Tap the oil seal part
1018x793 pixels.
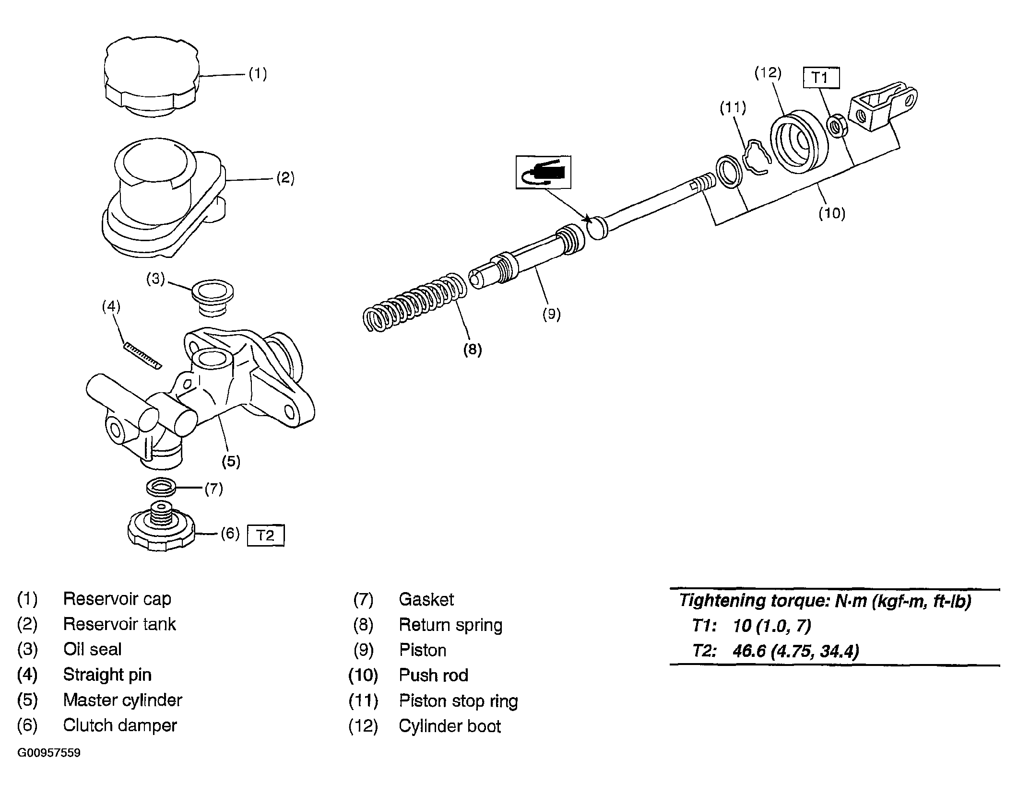click(x=213, y=298)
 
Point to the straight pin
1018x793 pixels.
click(x=142, y=356)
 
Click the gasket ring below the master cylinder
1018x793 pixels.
click(x=161, y=488)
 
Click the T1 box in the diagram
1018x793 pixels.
click(x=821, y=78)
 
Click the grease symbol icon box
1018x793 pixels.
click(x=544, y=172)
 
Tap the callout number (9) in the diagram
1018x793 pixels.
click(x=551, y=314)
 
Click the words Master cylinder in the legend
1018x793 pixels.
click(x=123, y=700)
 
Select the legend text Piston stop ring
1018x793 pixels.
click(x=459, y=701)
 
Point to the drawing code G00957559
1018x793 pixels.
click(x=49, y=753)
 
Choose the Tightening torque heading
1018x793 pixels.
click(x=826, y=601)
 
